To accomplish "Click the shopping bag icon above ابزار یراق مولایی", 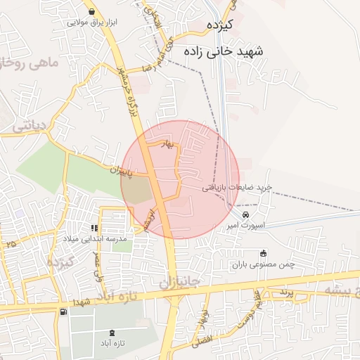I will [93, 11].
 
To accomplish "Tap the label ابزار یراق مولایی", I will [92, 22].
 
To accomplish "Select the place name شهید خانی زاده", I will [223, 53].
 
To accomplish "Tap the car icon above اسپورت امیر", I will [245, 214].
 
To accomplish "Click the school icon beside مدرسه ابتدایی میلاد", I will [94, 228].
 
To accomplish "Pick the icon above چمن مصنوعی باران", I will [264, 253].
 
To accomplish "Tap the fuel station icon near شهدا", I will [65, 311].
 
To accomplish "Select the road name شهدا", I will [92, 301].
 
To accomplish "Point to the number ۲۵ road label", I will [11, 243].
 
